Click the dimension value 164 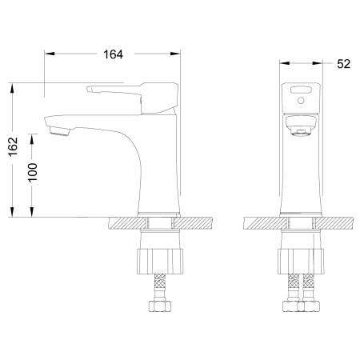(113, 54)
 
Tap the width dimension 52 (345, 63)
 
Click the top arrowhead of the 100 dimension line (32, 137)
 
